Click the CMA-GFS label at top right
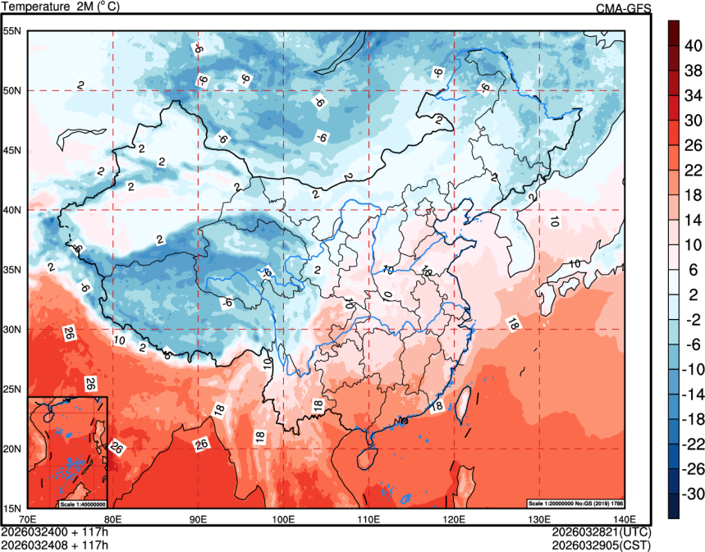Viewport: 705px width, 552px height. coord(623,8)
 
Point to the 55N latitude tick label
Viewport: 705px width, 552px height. coord(12,31)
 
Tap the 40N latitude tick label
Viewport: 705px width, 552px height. coord(12,210)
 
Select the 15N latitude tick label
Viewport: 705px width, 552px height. coord(12,509)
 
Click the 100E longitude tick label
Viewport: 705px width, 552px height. coord(284,519)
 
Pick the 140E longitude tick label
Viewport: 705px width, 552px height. coord(625,519)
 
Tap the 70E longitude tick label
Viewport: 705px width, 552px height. coord(28,519)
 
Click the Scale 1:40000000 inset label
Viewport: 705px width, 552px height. coord(82,503)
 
